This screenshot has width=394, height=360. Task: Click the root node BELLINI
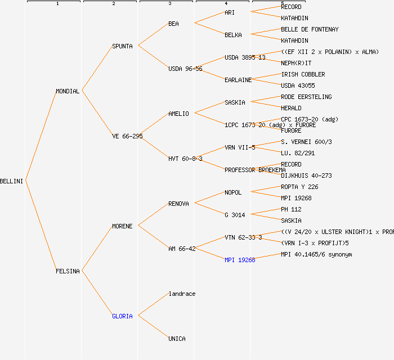coord(12,181)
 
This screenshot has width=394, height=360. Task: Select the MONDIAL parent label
coord(68,91)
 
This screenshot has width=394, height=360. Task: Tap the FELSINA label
coord(68,271)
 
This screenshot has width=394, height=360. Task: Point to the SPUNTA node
coord(122,46)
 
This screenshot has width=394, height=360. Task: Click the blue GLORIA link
coord(122,316)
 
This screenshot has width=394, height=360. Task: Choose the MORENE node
coord(122,226)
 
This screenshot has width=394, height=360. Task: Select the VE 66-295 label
coord(127,136)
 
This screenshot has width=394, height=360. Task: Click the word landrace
coord(182,294)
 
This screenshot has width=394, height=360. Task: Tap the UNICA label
coord(177,339)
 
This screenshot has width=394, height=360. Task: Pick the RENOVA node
coord(178,204)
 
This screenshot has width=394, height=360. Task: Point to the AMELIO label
coord(178,114)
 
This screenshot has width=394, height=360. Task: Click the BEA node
coord(173,24)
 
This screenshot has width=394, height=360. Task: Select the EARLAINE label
coord(238,80)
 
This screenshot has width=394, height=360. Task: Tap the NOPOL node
coord(233,192)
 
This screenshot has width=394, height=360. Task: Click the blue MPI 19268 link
coord(240,260)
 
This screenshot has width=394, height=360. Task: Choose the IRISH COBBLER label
coord(303,74)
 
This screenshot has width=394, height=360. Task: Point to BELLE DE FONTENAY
coord(310,29)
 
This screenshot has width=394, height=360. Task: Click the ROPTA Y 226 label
coord(299,187)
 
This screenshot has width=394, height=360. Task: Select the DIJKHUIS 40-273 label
coord(306,175)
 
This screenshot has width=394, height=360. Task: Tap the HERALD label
coord(291,108)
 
